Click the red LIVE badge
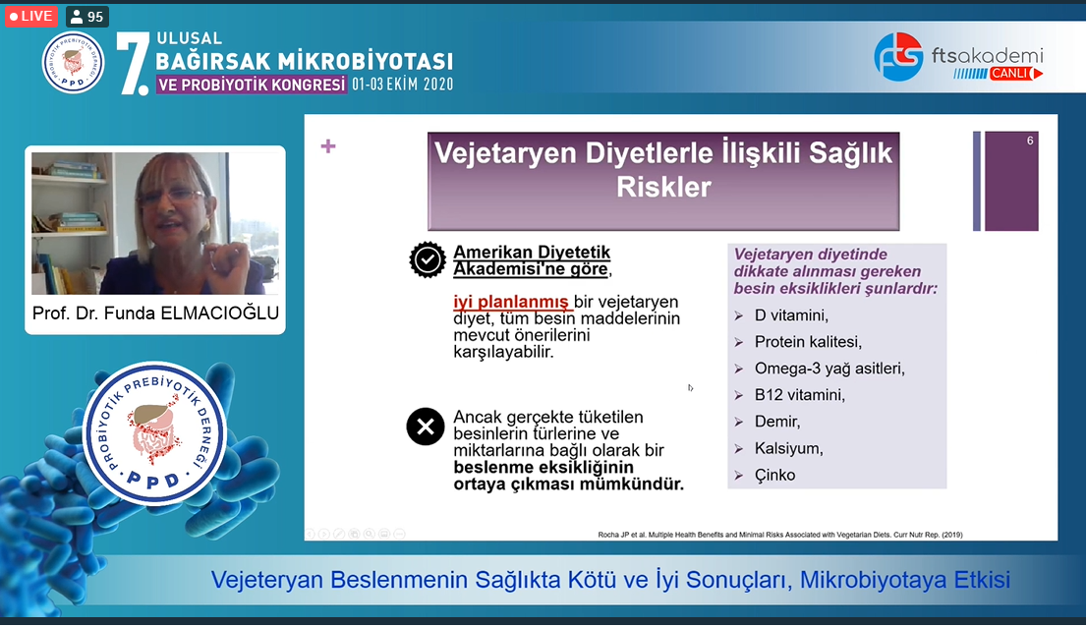31,16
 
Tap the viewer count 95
87,17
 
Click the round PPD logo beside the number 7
74,62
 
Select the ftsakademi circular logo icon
898,56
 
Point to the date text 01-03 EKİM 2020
402,85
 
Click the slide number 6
1030,141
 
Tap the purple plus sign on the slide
328,146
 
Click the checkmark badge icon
427,259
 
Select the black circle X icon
426,427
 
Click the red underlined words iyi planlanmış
511,302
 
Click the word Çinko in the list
775,475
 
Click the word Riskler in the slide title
663,187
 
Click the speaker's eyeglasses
171,197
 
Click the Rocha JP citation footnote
780,535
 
